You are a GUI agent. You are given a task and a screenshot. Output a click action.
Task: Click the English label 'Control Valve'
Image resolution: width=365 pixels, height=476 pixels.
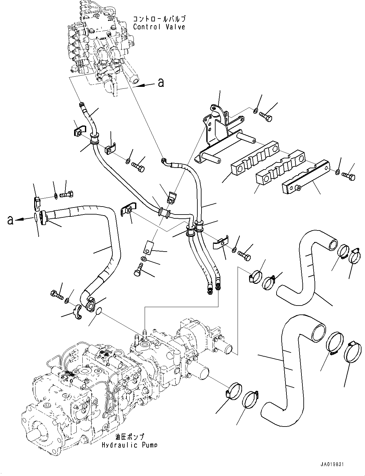pyautogui.click(x=159, y=27)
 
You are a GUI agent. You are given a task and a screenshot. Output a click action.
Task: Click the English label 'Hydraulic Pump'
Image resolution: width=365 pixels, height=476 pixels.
pyautogui.click(x=129, y=445)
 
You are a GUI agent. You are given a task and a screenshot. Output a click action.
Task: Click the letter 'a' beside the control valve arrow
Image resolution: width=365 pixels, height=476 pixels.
pyautogui.click(x=161, y=83)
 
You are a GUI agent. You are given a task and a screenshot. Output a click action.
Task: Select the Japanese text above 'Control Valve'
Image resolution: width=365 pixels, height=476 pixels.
pyautogui.click(x=159, y=19)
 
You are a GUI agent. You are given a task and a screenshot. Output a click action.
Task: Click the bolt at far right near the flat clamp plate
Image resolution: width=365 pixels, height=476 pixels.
pyautogui.click(x=348, y=175)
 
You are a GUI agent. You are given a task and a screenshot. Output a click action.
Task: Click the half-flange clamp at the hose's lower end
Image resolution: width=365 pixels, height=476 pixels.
pyautogui.click(x=77, y=311)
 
